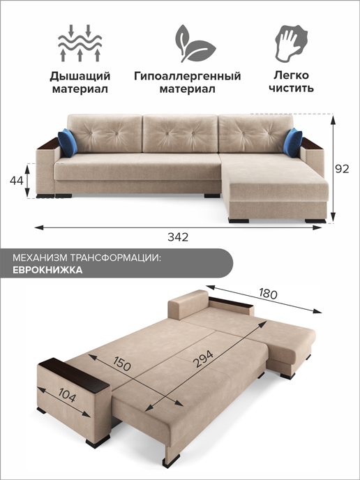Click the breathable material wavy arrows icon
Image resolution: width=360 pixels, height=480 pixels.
[80, 43]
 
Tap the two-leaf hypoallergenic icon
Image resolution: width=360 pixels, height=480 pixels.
[195, 43]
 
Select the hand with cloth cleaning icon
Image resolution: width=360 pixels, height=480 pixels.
[291, 43]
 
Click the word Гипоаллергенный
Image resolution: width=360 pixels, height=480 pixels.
[188, 75]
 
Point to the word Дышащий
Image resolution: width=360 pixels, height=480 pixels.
[80, 76]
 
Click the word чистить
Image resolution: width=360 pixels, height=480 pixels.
[291, 88]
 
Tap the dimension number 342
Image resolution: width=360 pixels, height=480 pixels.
[178, 237]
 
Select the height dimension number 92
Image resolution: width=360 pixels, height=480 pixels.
[342, 169]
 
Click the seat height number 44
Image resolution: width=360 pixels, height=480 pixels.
[16, 181]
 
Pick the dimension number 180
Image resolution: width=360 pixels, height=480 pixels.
[268, 293]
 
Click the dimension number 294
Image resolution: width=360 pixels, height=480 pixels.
[203, 359]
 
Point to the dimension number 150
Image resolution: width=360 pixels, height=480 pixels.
[122, 363]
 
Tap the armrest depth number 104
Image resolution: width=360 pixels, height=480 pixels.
[67, 396]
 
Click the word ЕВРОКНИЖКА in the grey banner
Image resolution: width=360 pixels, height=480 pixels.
[47, 270]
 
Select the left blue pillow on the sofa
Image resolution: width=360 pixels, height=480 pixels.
[68, 142]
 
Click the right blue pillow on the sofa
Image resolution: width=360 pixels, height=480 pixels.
[293, 142]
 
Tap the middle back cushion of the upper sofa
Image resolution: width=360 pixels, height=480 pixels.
[180, 133]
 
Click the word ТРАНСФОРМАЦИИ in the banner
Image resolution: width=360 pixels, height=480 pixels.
[115, 257]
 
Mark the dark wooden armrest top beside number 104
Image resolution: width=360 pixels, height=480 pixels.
[74, 375]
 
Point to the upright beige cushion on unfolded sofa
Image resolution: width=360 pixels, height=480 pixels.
[188, 304]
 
